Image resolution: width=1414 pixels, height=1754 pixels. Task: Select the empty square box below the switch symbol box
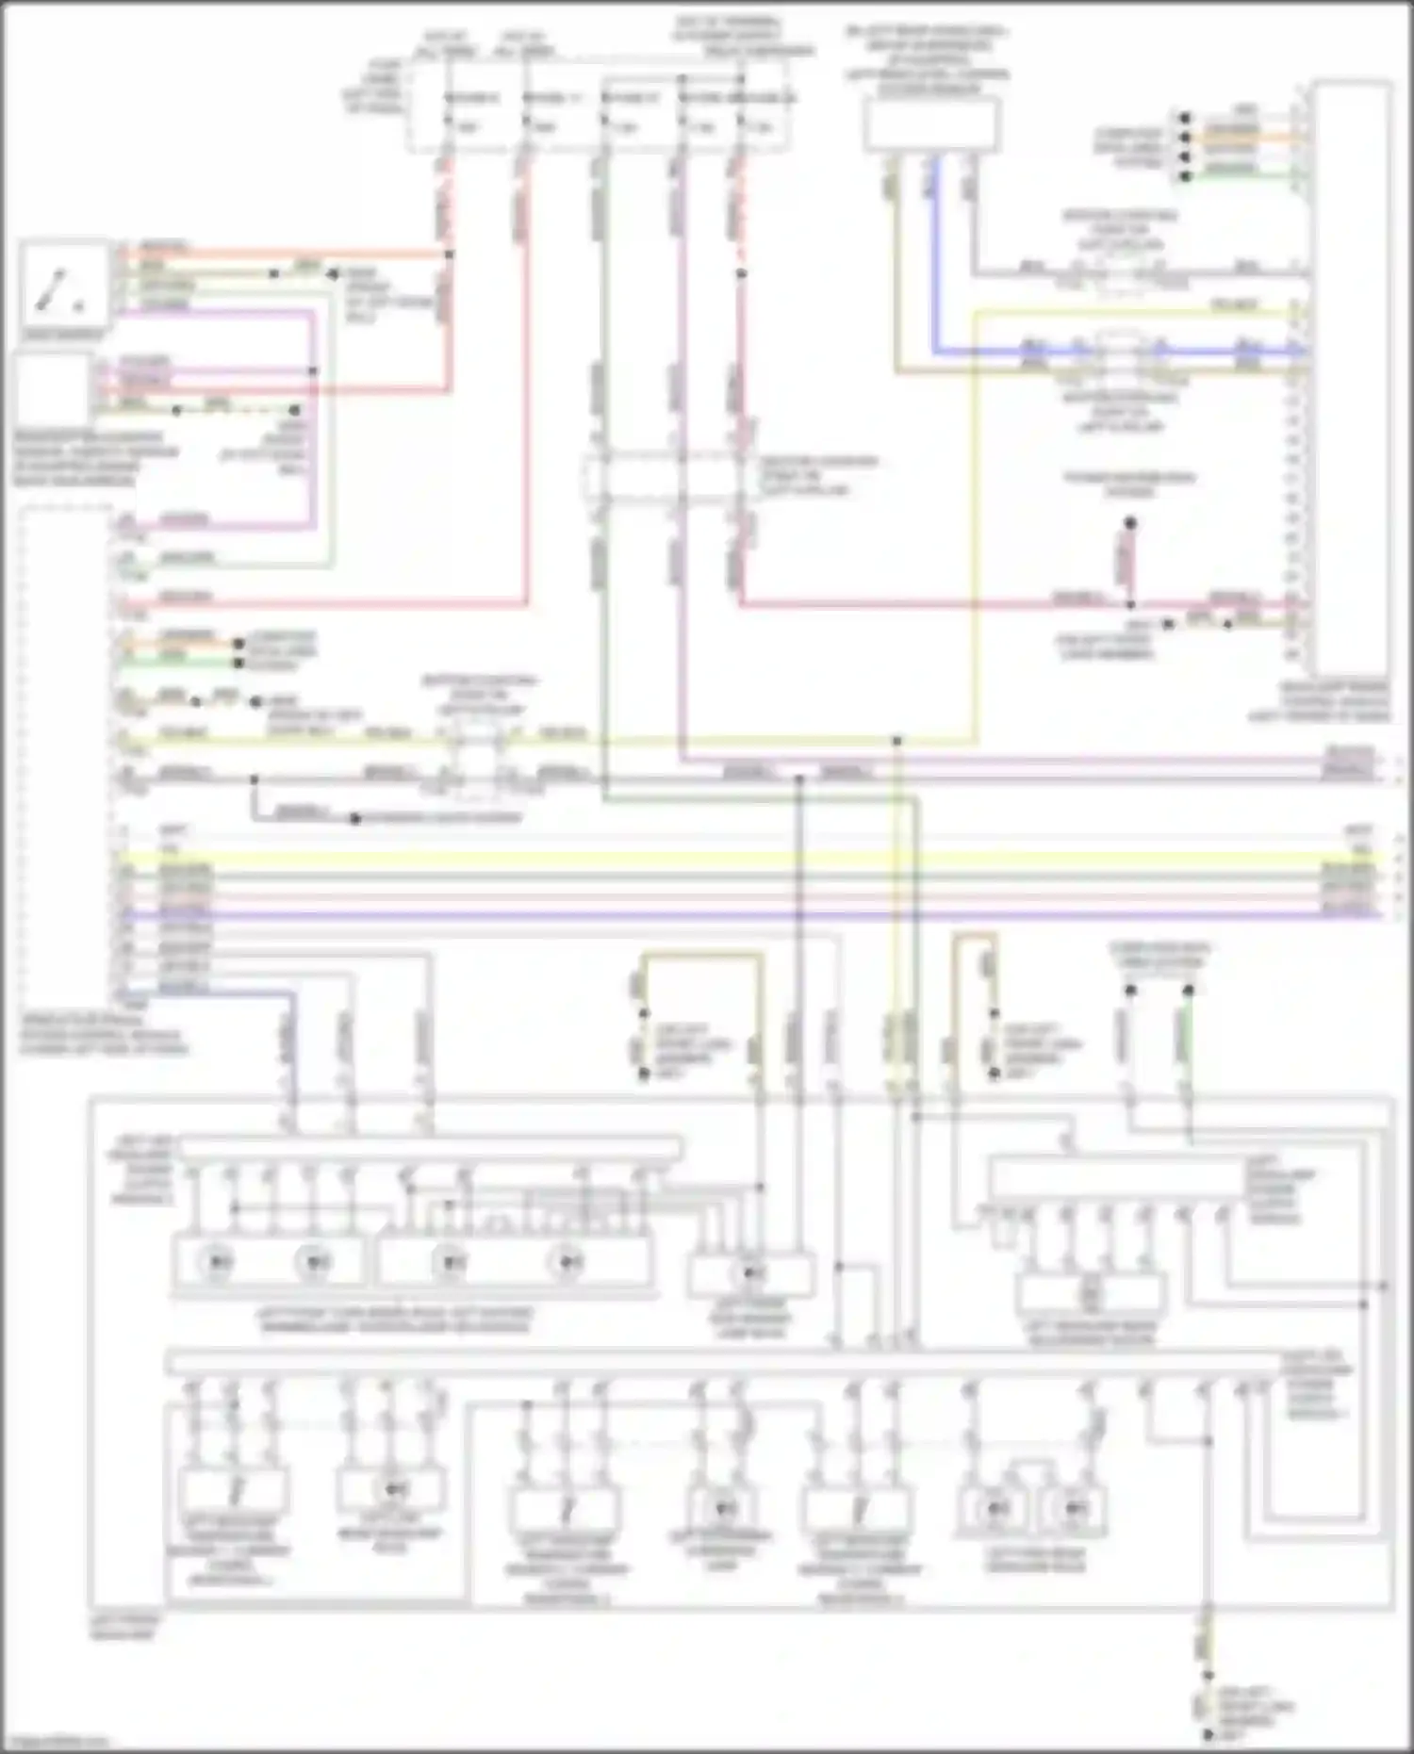[52, 388]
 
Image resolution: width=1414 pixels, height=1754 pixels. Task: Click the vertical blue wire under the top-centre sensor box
[935, 254]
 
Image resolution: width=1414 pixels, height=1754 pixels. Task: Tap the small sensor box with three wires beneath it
[931, 124]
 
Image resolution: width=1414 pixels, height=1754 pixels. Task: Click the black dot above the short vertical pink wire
[1129, 522]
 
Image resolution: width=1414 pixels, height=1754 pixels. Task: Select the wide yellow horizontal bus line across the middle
[745, 859]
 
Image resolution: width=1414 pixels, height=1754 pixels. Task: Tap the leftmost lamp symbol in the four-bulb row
[220, 1261]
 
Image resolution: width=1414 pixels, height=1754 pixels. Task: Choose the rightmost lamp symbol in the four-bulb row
[567, 1261]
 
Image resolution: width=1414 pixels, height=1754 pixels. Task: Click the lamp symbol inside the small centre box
[751, 1273]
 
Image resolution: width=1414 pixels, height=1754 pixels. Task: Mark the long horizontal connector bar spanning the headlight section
[726, 1363]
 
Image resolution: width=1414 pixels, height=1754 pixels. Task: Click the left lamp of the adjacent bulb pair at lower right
[997, 1508]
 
